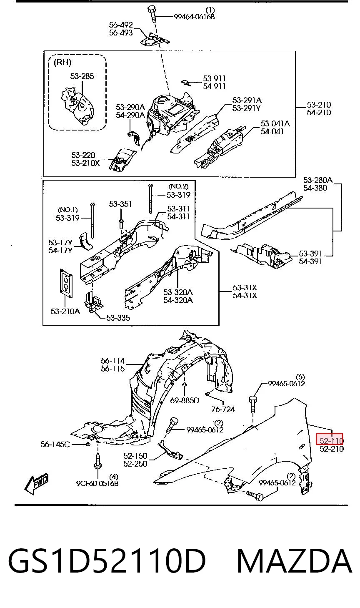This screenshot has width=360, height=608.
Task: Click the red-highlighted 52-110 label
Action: pos(329,439)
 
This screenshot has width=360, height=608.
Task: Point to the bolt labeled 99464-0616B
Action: pos(152,15)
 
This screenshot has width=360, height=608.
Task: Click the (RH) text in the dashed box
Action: pos(62,63)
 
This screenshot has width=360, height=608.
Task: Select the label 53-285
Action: pos(82,76)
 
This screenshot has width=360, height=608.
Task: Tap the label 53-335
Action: pos(118,318)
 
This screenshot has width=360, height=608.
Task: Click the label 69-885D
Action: pos(185,400)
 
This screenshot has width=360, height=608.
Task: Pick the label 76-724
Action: pos(223,410)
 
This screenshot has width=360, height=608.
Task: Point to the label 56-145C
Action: pos(55,445)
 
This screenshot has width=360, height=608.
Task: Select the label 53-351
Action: pos(120,204)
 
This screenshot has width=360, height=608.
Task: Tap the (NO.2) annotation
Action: pos(178,186)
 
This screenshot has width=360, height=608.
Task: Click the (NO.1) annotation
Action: pos(67,210)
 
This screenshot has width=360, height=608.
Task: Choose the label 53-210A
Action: pos(65,311)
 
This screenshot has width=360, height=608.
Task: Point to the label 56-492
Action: pos(121,25)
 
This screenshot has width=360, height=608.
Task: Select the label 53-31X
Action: pos(245,287)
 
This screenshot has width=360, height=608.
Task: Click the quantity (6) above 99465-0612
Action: pos(300,377)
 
